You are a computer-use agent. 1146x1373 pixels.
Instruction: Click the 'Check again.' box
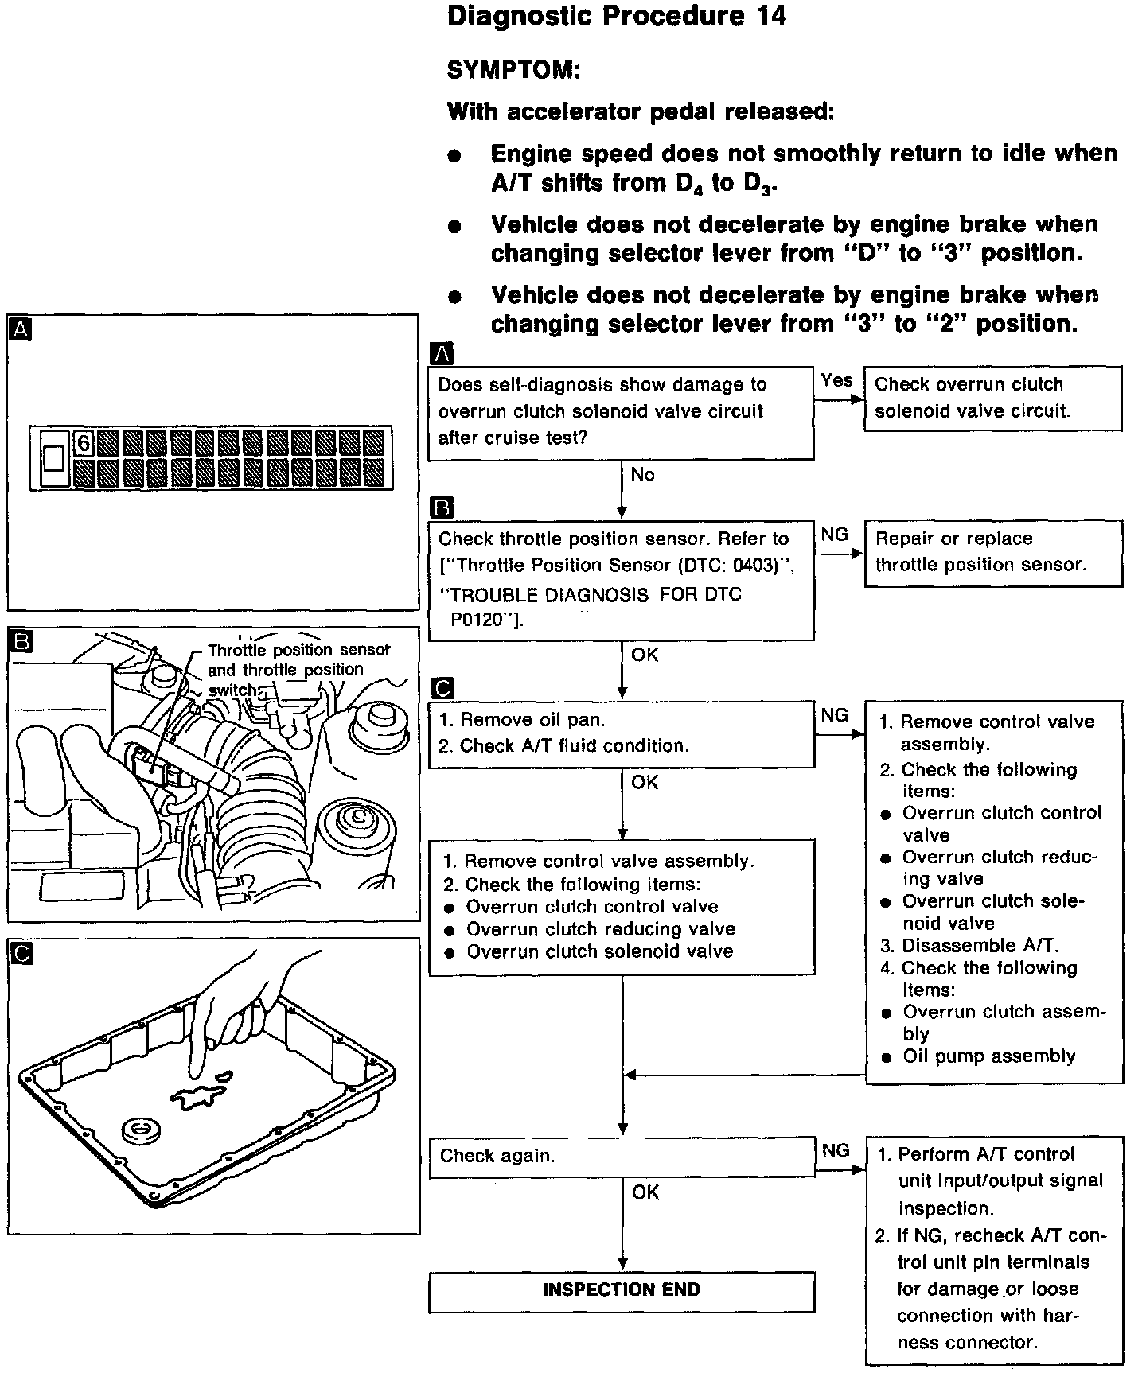click(621, 1157)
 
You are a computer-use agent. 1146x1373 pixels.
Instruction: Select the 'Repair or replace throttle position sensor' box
click(992, 553)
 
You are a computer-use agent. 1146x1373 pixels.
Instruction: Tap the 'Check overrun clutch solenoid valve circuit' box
click(992, 398)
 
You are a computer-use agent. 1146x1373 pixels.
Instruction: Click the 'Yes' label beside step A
click(836, 381)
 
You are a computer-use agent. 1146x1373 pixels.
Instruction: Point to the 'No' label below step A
click(642, 475)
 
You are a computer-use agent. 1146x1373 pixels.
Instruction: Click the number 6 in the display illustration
click(84, 442)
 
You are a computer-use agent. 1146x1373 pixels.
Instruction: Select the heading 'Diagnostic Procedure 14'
click(617, 17)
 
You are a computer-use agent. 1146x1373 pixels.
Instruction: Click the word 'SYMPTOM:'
click(513, 71)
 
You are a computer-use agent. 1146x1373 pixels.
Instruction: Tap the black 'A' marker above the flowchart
click(441, 354)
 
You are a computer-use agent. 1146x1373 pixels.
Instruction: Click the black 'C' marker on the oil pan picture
click(21, 952)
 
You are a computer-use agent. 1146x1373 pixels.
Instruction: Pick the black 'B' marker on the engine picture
click(21, 640)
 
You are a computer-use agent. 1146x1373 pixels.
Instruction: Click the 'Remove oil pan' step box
click(621, 733)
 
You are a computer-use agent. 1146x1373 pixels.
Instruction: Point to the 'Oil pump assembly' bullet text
click(988, 1056)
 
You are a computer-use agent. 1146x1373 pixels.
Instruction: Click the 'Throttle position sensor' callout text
click(298, 650)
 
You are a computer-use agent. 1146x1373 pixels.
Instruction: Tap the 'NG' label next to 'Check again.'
click(836, 1150)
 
